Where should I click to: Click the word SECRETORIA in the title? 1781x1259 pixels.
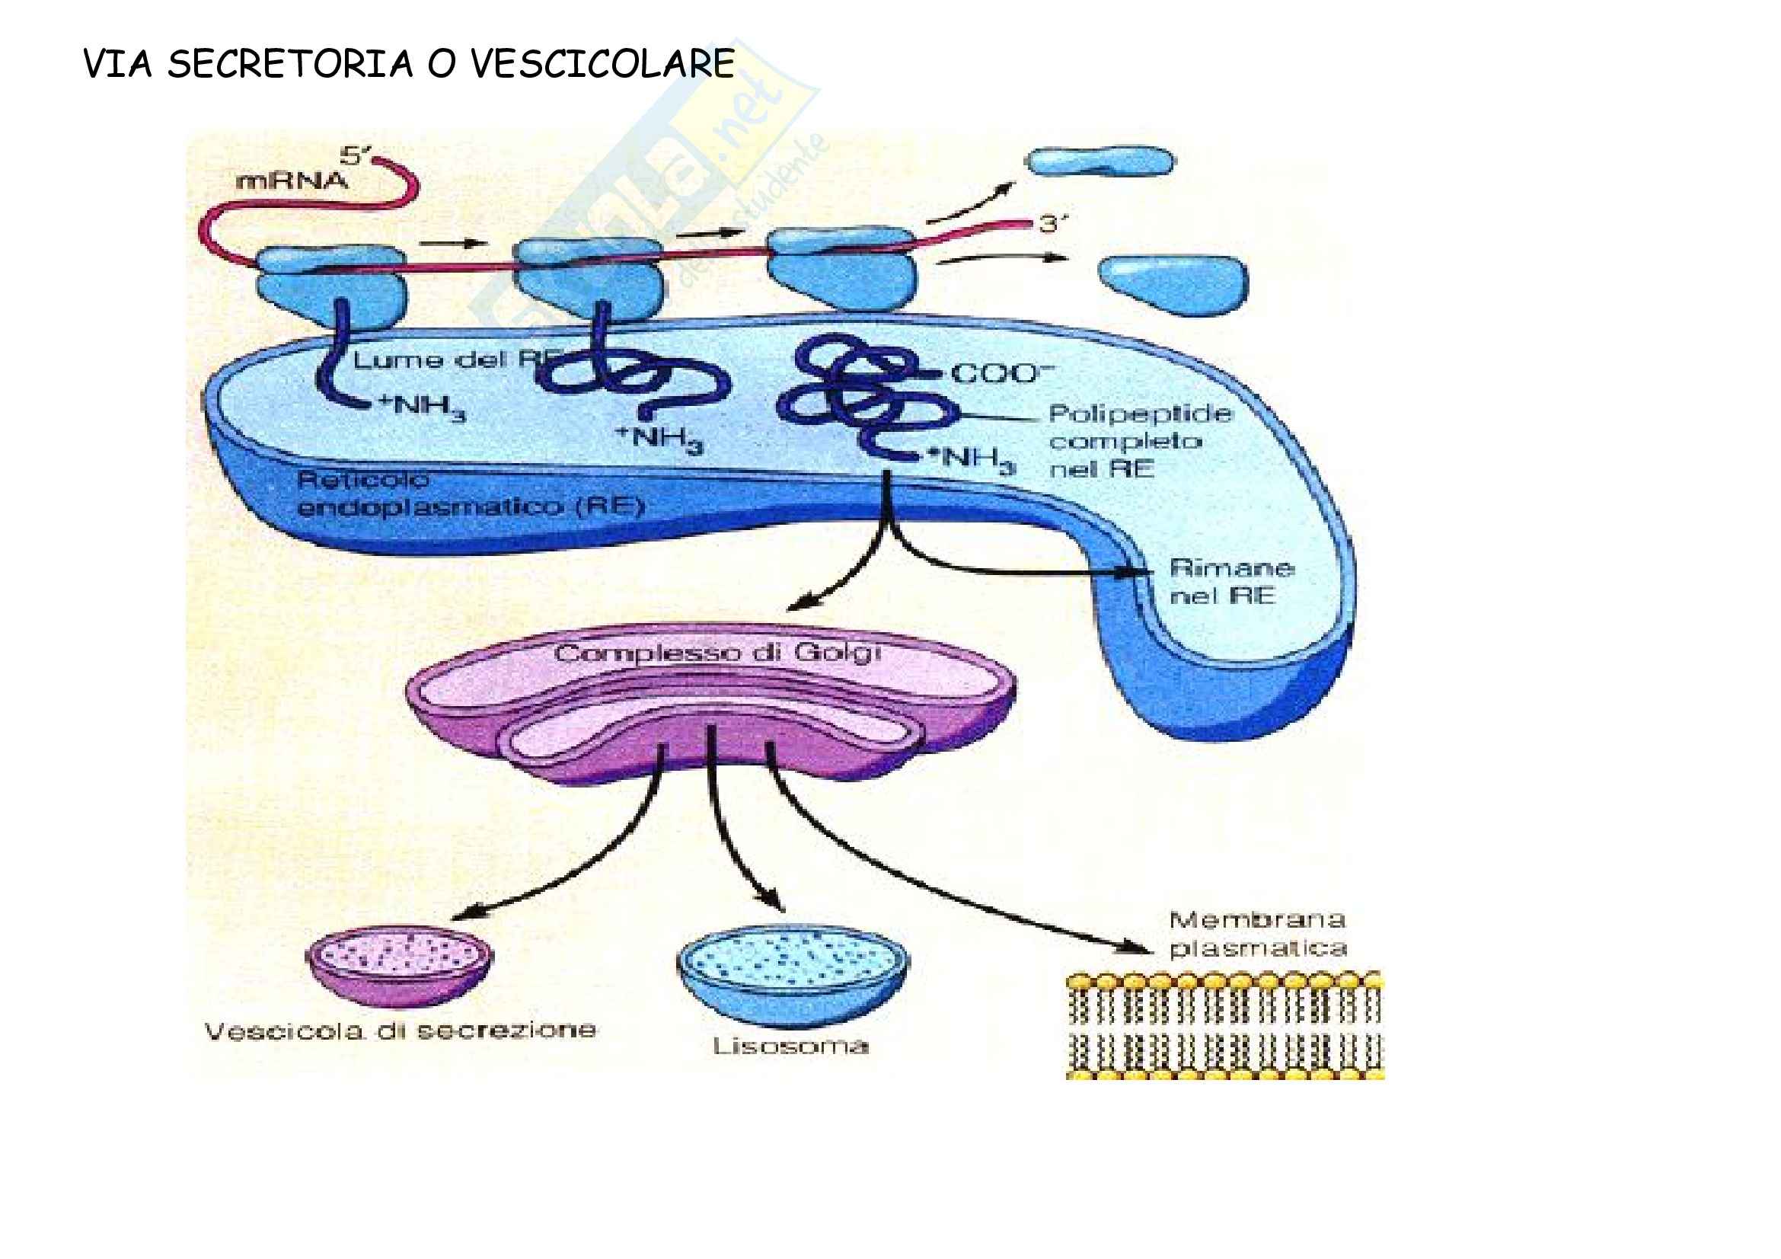click(289, 64)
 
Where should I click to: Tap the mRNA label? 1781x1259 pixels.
click(292, 181)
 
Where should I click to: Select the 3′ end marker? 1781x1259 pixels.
click(1052, 224)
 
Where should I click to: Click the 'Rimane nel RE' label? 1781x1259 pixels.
click(1230, 582)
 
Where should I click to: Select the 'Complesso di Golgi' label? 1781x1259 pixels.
click(717, 653)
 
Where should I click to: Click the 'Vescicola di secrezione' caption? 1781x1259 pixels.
click(401, 1031)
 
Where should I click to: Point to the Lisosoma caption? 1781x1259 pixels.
click(790, 1047)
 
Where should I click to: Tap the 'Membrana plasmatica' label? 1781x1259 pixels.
click(1256, 934)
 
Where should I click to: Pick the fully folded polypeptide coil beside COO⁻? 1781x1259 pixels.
click(861, 395)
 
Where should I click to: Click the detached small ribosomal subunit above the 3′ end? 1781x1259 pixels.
click(1100, 161)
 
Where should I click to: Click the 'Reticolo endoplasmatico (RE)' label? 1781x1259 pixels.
click(470, 494)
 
